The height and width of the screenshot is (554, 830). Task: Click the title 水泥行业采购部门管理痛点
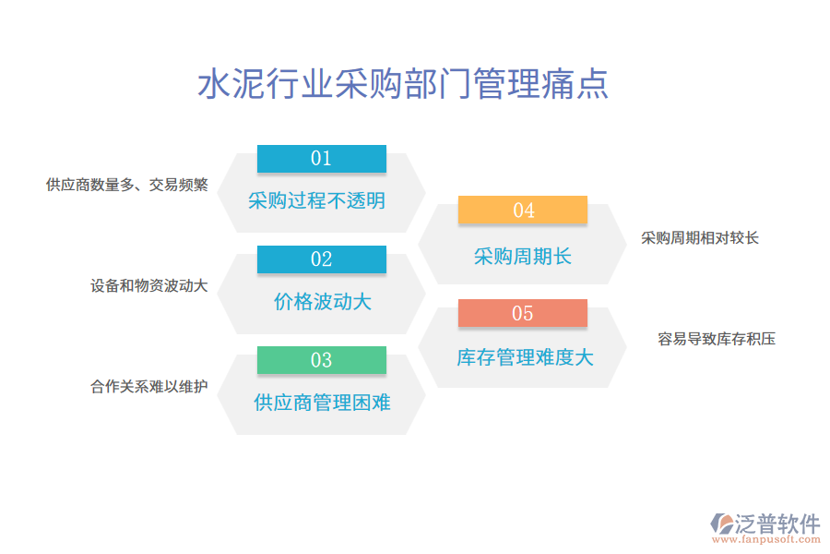[x=403, y=84]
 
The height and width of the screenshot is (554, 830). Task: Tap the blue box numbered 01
[x=321, y=159]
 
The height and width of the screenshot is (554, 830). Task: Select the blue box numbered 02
[x=321, y=259]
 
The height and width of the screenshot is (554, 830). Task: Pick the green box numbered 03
[x=321, y=360]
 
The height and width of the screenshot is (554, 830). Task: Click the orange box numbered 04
[x=523, y=211]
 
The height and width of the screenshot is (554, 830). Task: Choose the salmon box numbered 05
[x=523, y=313]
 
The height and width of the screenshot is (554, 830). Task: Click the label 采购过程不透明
[x=316, y=200]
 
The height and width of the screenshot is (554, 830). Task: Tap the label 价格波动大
[x=322, y=301]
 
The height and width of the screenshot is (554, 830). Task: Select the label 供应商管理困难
[x=322, y=402]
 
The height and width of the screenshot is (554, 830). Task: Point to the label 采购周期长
[x=523, y=256]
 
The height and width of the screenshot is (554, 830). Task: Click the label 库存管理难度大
[x=525, y=356]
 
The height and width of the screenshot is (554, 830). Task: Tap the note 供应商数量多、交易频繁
[x=126, y=185]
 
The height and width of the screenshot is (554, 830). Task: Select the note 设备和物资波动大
[x=148, y=286]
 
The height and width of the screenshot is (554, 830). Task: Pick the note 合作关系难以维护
[x=148, y=387]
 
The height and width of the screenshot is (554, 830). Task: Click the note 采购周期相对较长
[x=700, y=238]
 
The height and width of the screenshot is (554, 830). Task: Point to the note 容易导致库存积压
[x=717, y=339]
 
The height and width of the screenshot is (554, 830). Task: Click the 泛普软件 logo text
[x=777, y=523]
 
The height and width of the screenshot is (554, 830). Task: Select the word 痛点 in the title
[x=582, y=84]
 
